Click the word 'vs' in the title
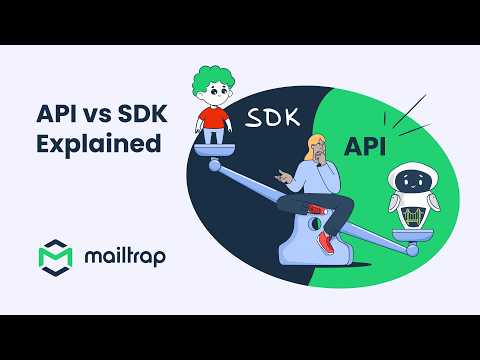[x=95, y=108]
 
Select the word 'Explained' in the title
[x=98, y=142]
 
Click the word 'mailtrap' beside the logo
[x=124, y=256]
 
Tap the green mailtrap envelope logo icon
[x=56, y=256]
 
